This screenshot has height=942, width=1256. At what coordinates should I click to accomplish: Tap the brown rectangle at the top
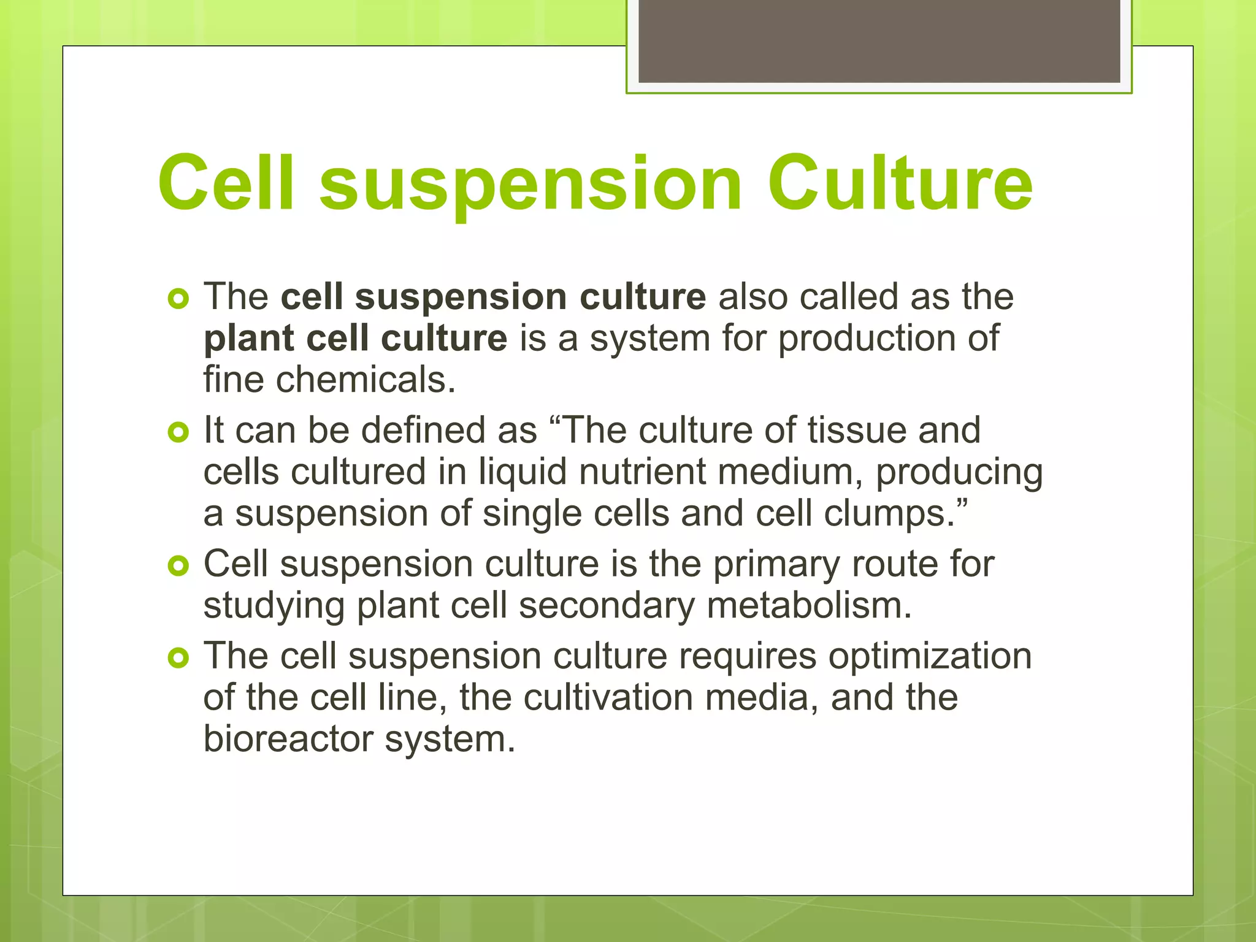879,40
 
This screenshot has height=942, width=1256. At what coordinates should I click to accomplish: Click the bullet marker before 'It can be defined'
178,433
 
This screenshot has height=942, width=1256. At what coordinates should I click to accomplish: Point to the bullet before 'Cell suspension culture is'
178,566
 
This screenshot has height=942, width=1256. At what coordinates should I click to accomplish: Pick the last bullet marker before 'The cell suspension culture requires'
178,658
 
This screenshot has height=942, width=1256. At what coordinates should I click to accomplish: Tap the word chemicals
366,380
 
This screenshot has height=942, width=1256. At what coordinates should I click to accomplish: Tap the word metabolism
809,606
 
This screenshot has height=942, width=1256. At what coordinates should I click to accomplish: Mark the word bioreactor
288,739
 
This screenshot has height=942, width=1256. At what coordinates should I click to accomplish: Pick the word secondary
607,606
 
